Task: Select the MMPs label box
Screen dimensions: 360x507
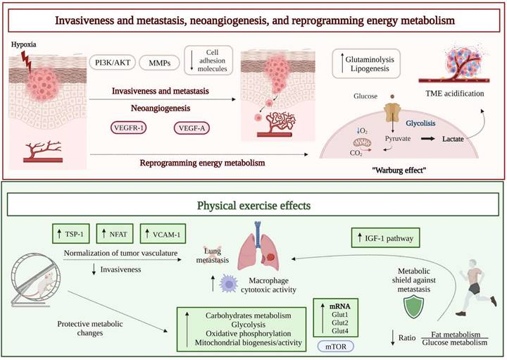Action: click(x=161, y=64)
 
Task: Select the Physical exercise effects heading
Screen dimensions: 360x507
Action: click(x=254, y=207)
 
